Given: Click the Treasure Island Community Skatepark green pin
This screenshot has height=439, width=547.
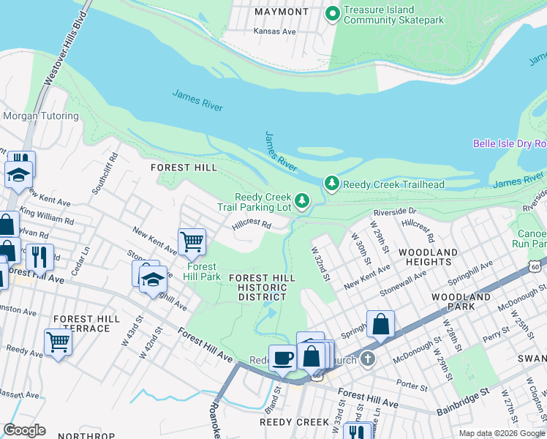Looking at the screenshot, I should point(333,13).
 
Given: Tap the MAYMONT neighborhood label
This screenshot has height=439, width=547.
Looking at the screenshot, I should point(282,12).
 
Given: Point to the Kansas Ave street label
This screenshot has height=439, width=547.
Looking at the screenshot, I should point(274,31).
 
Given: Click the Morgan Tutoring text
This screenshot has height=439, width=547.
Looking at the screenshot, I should point(41,116).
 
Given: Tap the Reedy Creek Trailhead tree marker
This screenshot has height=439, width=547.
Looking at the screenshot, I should point(332,183).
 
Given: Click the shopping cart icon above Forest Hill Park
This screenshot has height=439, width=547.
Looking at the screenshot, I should point(192,241).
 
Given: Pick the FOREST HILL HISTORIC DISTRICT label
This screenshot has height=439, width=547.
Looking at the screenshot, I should point(262,288).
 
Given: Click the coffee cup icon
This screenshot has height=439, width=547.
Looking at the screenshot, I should point(283,358).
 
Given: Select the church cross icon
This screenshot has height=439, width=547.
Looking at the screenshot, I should point(367,359).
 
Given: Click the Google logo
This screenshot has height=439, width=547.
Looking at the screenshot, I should point(24,430).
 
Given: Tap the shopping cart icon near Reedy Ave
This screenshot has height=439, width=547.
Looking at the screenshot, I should point(58,342).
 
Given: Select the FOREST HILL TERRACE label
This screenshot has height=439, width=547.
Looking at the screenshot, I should point(86,324).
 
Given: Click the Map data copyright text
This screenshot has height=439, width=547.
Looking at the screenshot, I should point(502,433).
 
